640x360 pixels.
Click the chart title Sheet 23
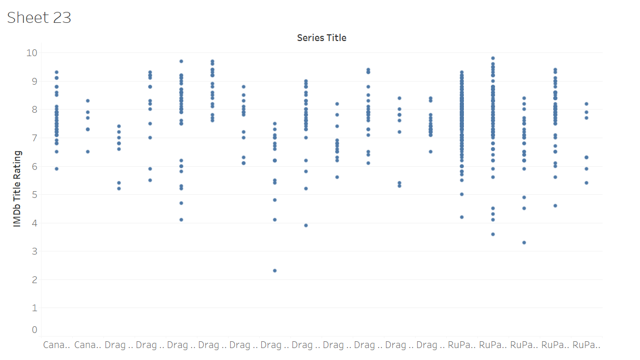tap(39, 18)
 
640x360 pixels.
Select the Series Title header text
tap(322, 38)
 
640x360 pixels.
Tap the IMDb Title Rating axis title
tap(18, 189)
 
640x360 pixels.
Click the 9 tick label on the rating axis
tap(34, 81)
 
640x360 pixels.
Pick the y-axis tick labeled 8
tap(34, 110)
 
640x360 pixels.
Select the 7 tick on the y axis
tap(34, 138)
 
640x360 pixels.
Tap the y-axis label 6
tap(34, 166)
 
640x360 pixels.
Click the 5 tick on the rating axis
tap(34, 195)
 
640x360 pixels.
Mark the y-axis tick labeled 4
tap(34, 223)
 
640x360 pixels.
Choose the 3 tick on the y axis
tap(34, 251)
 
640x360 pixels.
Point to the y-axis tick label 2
tap(34, 280)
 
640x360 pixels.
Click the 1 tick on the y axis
tap(34, 308)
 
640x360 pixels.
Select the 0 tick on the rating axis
tap(34, 330)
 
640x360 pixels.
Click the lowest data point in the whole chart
tap(275, 271)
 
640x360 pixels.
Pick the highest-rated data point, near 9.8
tap(493, 58)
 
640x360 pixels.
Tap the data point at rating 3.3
tap(524, 243)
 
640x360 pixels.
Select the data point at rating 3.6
tap(493, 234)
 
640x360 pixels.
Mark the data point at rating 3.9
tap(306, 225)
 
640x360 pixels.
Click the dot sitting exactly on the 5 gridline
tap(462, 194)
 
